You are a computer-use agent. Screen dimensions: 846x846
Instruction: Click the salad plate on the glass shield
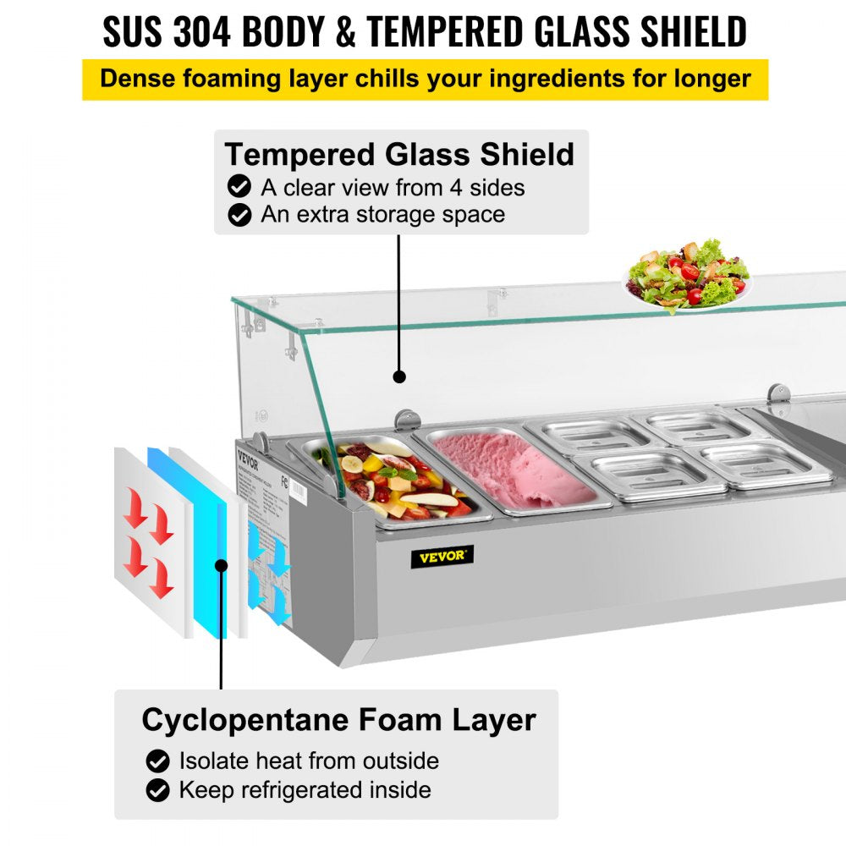click(687, 275)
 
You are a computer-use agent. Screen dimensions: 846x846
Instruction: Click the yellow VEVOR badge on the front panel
click(442, 557)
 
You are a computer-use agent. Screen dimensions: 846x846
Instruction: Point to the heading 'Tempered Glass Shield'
click(399, 155)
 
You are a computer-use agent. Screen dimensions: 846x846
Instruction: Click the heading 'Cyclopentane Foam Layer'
click(338, 720)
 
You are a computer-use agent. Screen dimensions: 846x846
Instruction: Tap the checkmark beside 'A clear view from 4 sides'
click(240, 187)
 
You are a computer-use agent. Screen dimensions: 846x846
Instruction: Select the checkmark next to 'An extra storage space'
click(240, 215)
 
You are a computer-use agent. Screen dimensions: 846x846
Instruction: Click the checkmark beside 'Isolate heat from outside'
click(157, 761)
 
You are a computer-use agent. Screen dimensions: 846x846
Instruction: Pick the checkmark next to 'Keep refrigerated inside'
click(157, 791)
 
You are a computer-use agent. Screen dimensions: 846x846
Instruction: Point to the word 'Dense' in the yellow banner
click(136, 80)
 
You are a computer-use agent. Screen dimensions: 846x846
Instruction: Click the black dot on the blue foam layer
click(222, 564)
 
